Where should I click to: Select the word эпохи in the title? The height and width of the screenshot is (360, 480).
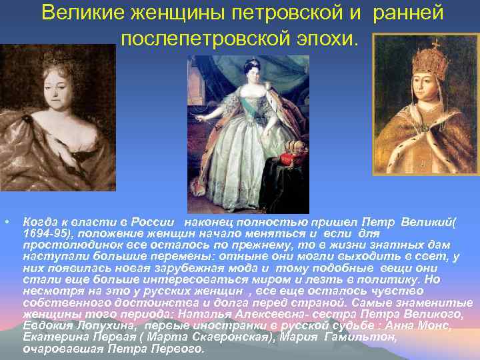tap(334, 39)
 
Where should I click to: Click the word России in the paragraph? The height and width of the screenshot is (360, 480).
tap(155, 221)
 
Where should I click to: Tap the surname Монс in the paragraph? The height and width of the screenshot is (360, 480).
tap(453, 326)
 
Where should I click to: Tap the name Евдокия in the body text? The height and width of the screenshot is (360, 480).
tap(47, 326)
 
